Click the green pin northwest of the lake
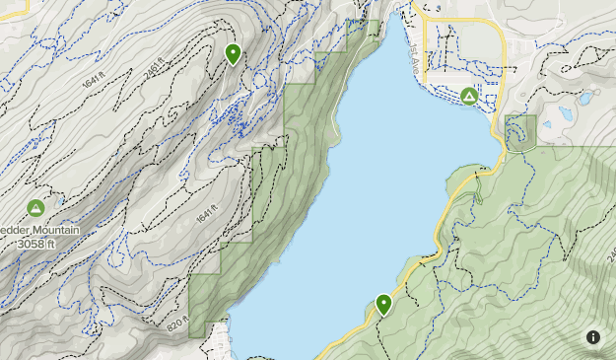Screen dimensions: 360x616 (x=233, y=53)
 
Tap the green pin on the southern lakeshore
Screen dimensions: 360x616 (x=383, y=304)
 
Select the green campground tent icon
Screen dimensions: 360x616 (x=469, y=96)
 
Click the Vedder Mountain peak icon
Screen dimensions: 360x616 (x=35, y=208)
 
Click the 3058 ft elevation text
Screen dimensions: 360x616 (x=37, y=244)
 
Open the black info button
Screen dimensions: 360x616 (x=593, y=337)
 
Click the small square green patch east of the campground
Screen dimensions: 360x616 (x=520, y=131)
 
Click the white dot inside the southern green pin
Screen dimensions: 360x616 (x=383, y=302)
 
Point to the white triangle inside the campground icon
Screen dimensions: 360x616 (x=469, y=96)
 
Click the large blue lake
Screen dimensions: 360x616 (x=375, y=197)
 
